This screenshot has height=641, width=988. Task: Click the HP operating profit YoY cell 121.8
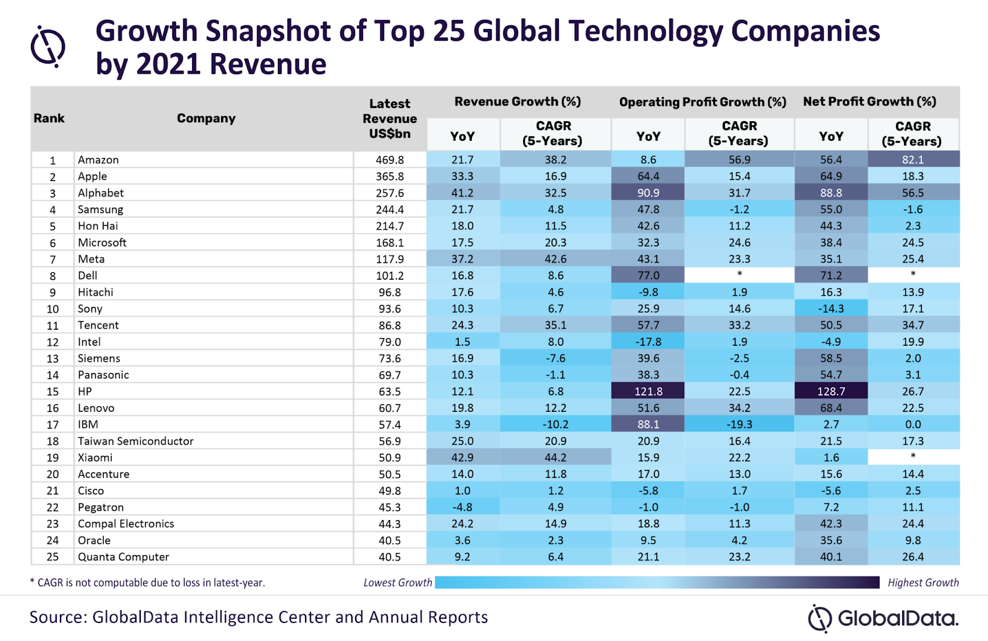pos(648,392)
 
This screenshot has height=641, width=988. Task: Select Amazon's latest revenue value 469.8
pos(390,160)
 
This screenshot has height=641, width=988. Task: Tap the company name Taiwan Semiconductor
pos(135,441)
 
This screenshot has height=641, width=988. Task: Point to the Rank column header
pos(49,118)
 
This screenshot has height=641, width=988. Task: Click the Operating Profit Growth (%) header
pos(702,102)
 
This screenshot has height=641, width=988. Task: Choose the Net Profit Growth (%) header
pos(869,102)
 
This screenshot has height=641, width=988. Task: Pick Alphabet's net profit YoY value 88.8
pos(831,193)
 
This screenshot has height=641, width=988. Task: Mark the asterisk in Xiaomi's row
pos(913,456)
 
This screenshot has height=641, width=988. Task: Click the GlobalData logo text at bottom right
pos(897,618)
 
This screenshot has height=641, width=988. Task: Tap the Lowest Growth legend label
pos(398,582)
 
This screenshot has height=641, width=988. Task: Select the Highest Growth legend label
pos(923,582)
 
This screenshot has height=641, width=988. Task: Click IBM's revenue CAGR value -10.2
pos(555,424)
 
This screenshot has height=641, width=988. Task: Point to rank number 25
pos(52,556)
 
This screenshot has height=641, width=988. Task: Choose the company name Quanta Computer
pos(123,556)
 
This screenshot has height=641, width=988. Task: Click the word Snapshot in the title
pos(269,31)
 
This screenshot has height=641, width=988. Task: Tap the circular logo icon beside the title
pos(48,46)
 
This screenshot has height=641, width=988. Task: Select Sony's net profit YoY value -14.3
pos(831,309)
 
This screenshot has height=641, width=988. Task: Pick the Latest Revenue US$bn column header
pos(390,118)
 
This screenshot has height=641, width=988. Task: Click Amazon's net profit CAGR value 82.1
pos(913,160)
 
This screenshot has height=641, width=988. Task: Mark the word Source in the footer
pos(56,617)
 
